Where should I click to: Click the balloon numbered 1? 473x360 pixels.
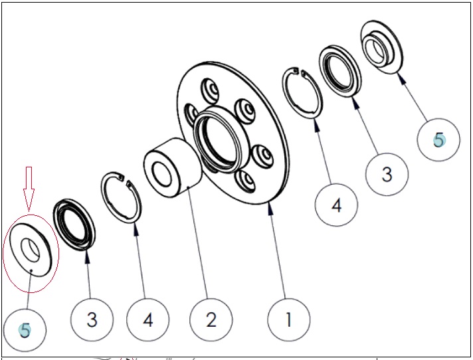(x=289, y=319)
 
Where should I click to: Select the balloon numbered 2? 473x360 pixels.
(x=211, y=319)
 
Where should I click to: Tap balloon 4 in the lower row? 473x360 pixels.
(x=147, y=319)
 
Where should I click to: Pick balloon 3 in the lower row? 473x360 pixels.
(x=92, y=319)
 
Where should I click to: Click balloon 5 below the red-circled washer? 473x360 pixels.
(x=25, y=330)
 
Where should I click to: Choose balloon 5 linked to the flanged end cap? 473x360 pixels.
(x=438, y=140)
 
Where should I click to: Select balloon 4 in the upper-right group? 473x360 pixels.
(x=336, y=205)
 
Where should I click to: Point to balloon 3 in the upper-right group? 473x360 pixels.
(x=387, y=174)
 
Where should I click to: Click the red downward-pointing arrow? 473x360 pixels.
(x=29, y=189)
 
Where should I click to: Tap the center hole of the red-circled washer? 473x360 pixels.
(x=30, y=250)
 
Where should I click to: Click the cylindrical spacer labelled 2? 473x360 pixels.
(x=173, y=167)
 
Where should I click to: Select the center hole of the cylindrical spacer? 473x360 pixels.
(x=162, y=174)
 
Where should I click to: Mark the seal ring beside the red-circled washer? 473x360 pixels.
(x=74, y=225)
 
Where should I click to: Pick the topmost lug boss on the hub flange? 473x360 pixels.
(x=210, y=90)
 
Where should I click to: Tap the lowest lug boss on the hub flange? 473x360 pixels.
(x=245, y=181)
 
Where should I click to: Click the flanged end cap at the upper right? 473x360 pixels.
(x=382, y=46)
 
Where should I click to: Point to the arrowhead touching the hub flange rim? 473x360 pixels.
(x=270, y=209)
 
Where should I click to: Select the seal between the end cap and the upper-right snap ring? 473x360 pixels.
(x=340, y=71)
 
